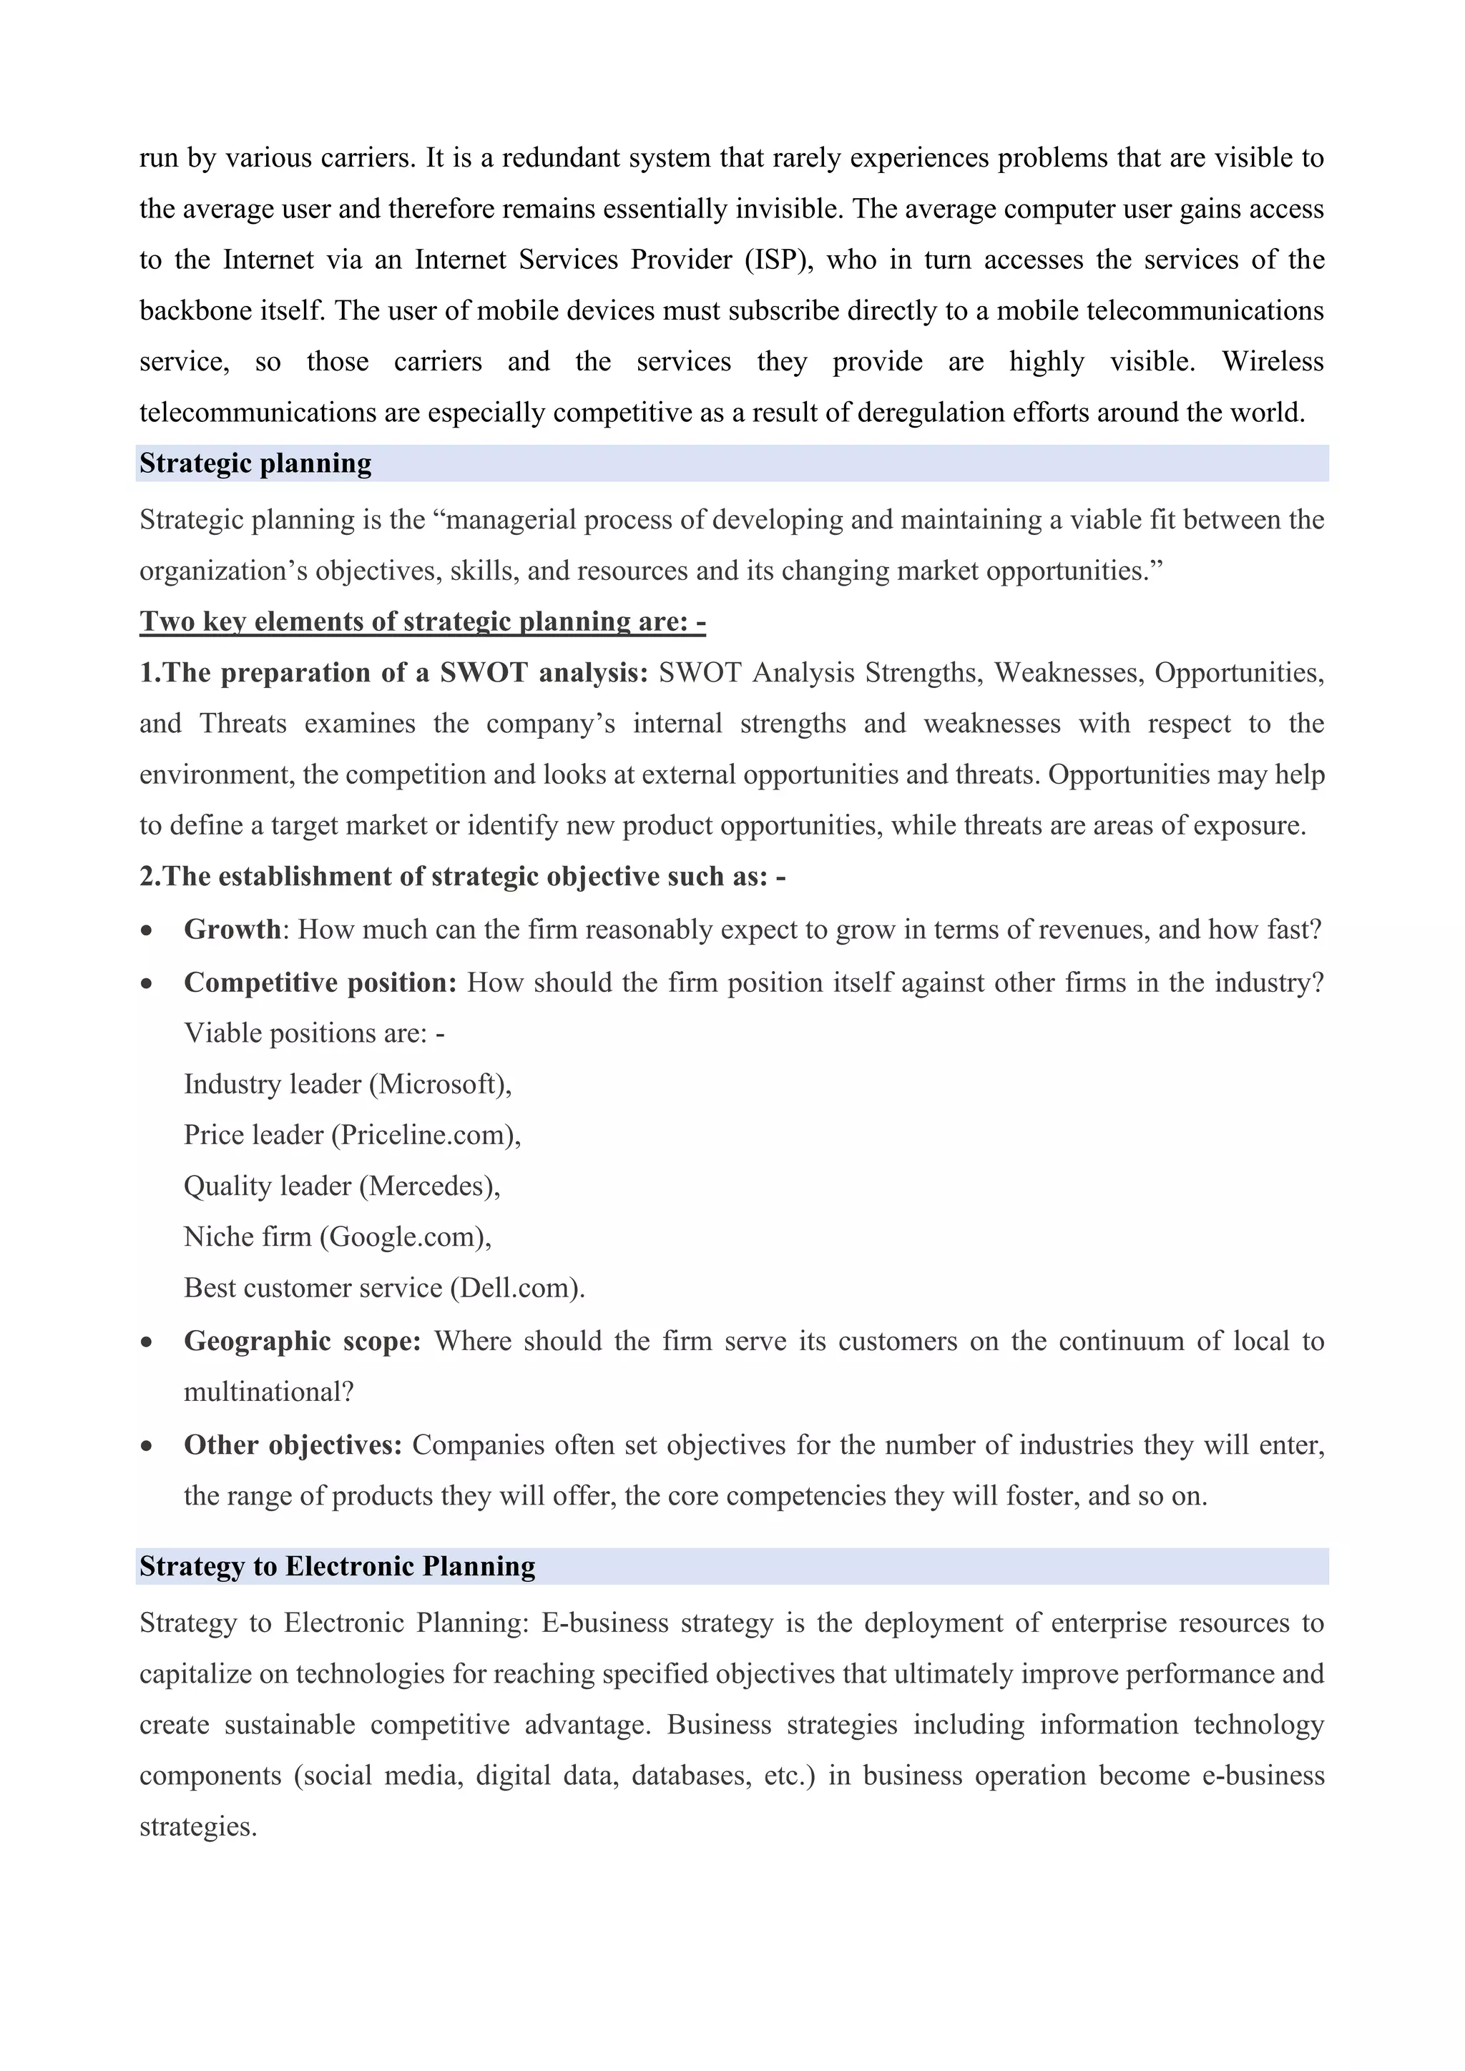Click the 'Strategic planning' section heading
click(x=255, y=463)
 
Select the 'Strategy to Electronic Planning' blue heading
click(x=338, y=1566)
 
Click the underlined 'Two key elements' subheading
click(x=422, y=621)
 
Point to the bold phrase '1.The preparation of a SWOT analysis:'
click(x=393, y=673)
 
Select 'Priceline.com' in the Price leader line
click(x=426, y=1135)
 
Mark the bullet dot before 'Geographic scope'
click(x=146, y=1343)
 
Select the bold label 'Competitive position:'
click(x=320, y=983)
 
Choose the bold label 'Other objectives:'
click(x=293, y=1445)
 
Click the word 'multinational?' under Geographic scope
click(x=269, y=1392)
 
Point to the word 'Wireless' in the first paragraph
click(x=1273, y=362)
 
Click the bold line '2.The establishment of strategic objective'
click(x=462, y=877)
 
